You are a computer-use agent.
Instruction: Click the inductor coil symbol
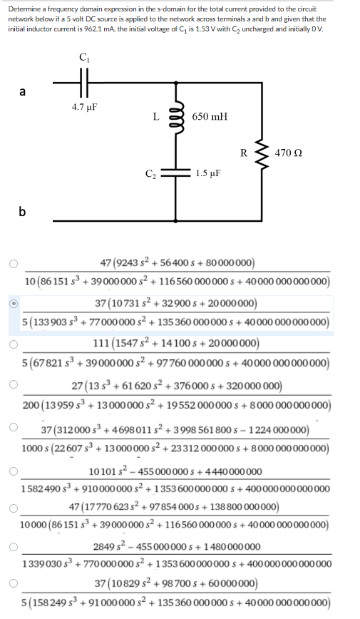pos(174,117)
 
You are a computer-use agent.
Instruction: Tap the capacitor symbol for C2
pos(174,173)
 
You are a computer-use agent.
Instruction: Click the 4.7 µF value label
pos(84,107)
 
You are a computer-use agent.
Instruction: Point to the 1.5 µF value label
pos(207,173)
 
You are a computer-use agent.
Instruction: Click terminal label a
pos(23,91)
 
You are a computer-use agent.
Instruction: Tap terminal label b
pos(23,211)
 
